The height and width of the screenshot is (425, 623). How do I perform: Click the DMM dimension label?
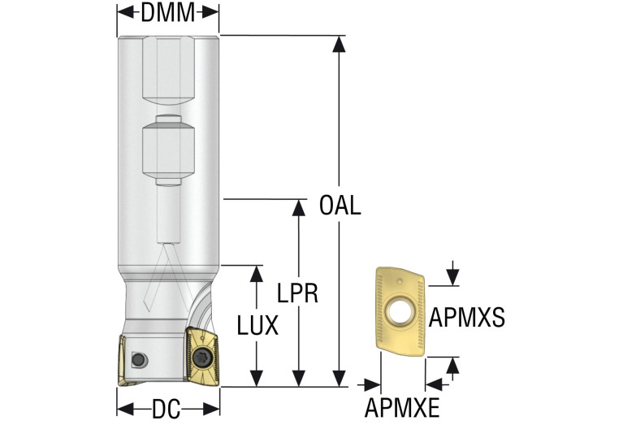click(168, 12)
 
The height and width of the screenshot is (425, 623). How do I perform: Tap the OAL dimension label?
click(340, 205)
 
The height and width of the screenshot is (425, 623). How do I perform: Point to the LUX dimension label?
click(257, 326)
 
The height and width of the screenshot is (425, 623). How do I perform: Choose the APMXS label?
click(467, 317)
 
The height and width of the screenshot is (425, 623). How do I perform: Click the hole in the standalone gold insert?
click(399, 311)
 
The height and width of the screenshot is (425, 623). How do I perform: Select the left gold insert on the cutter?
click(119, 358)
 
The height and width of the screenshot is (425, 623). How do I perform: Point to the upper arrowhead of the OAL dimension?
click(340, 43)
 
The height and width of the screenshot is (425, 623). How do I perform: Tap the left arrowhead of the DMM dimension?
click(123, 12)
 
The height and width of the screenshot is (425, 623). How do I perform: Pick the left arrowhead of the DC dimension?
click(123, 408)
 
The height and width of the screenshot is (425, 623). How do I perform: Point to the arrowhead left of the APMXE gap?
click(375, 382)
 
